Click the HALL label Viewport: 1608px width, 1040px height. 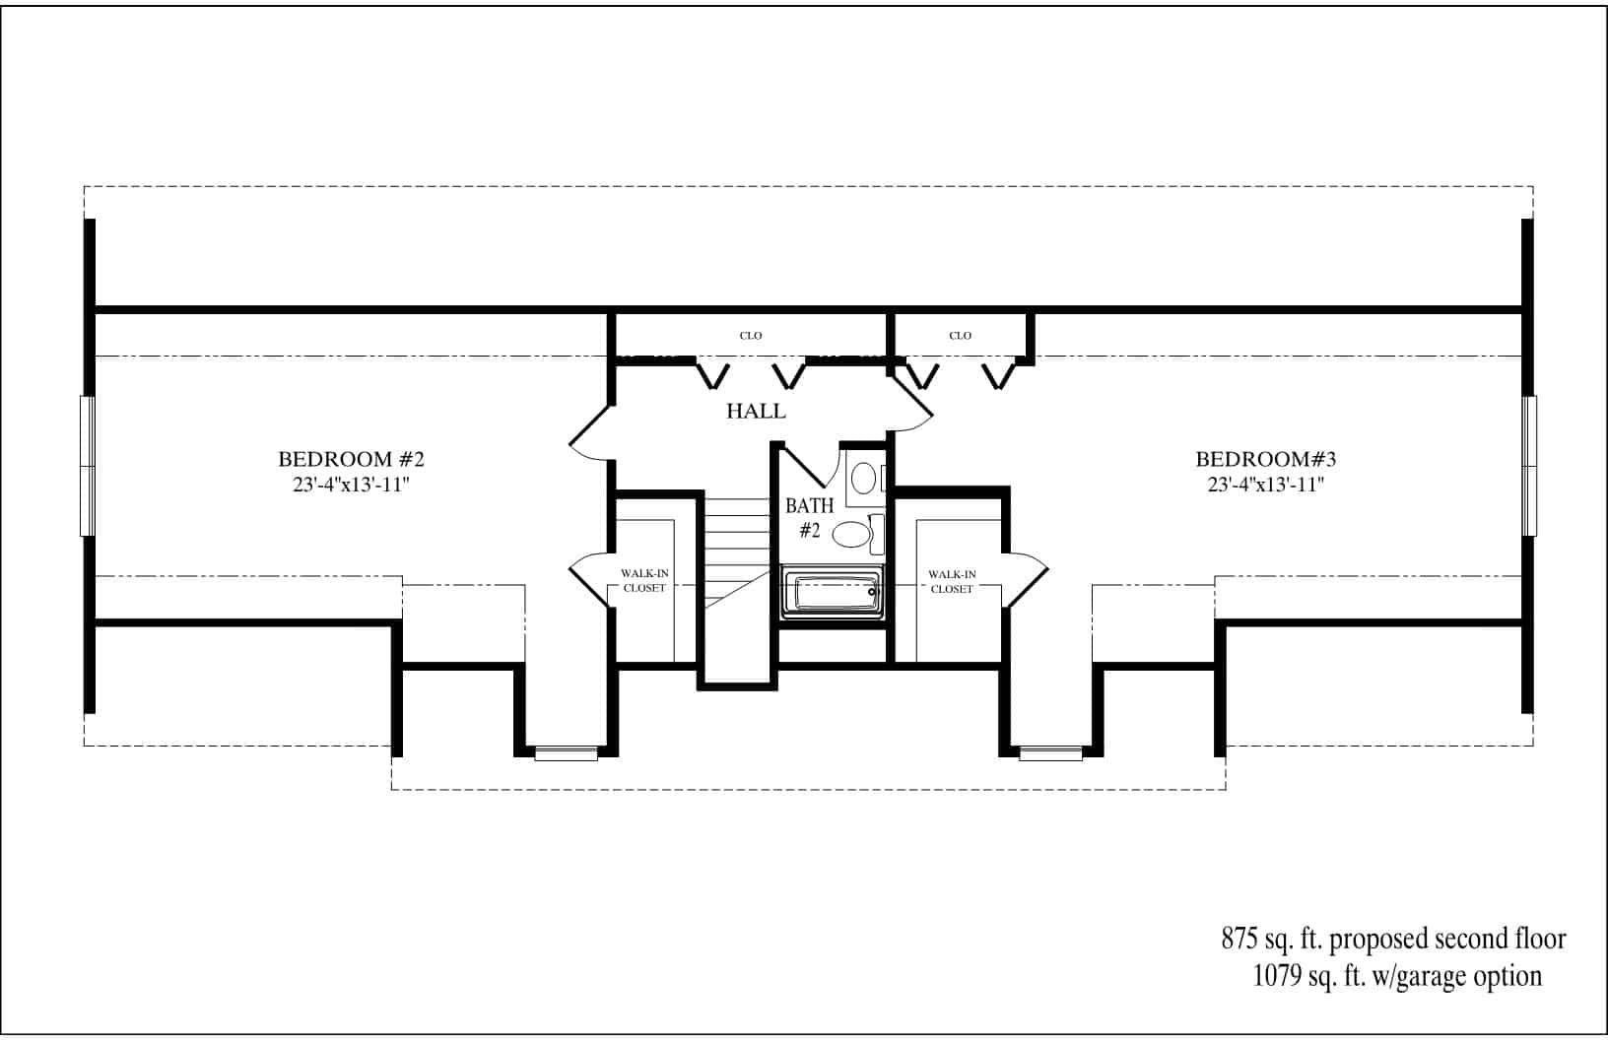point(756,412)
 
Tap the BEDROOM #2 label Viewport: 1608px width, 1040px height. point(351,459)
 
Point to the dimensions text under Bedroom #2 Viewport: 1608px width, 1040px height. point(351,485)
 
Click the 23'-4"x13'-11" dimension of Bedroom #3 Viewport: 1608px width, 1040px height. point(1265,485)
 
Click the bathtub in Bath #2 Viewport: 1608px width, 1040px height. point(833,594)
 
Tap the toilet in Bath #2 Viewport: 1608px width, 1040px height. point(853,535)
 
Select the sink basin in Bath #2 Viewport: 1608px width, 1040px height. point(864,479)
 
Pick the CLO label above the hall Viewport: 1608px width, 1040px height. point(751,336)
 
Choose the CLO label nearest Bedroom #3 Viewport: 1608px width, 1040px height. point(960,336)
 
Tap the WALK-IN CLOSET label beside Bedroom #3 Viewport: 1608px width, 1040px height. point(951,581)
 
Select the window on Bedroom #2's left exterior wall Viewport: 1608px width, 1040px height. point(88,466)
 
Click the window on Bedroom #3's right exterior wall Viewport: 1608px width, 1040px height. point(1528,466)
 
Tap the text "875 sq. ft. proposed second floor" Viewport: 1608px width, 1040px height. point(1393,940)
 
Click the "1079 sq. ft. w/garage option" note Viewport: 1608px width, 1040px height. point(1397,976)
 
